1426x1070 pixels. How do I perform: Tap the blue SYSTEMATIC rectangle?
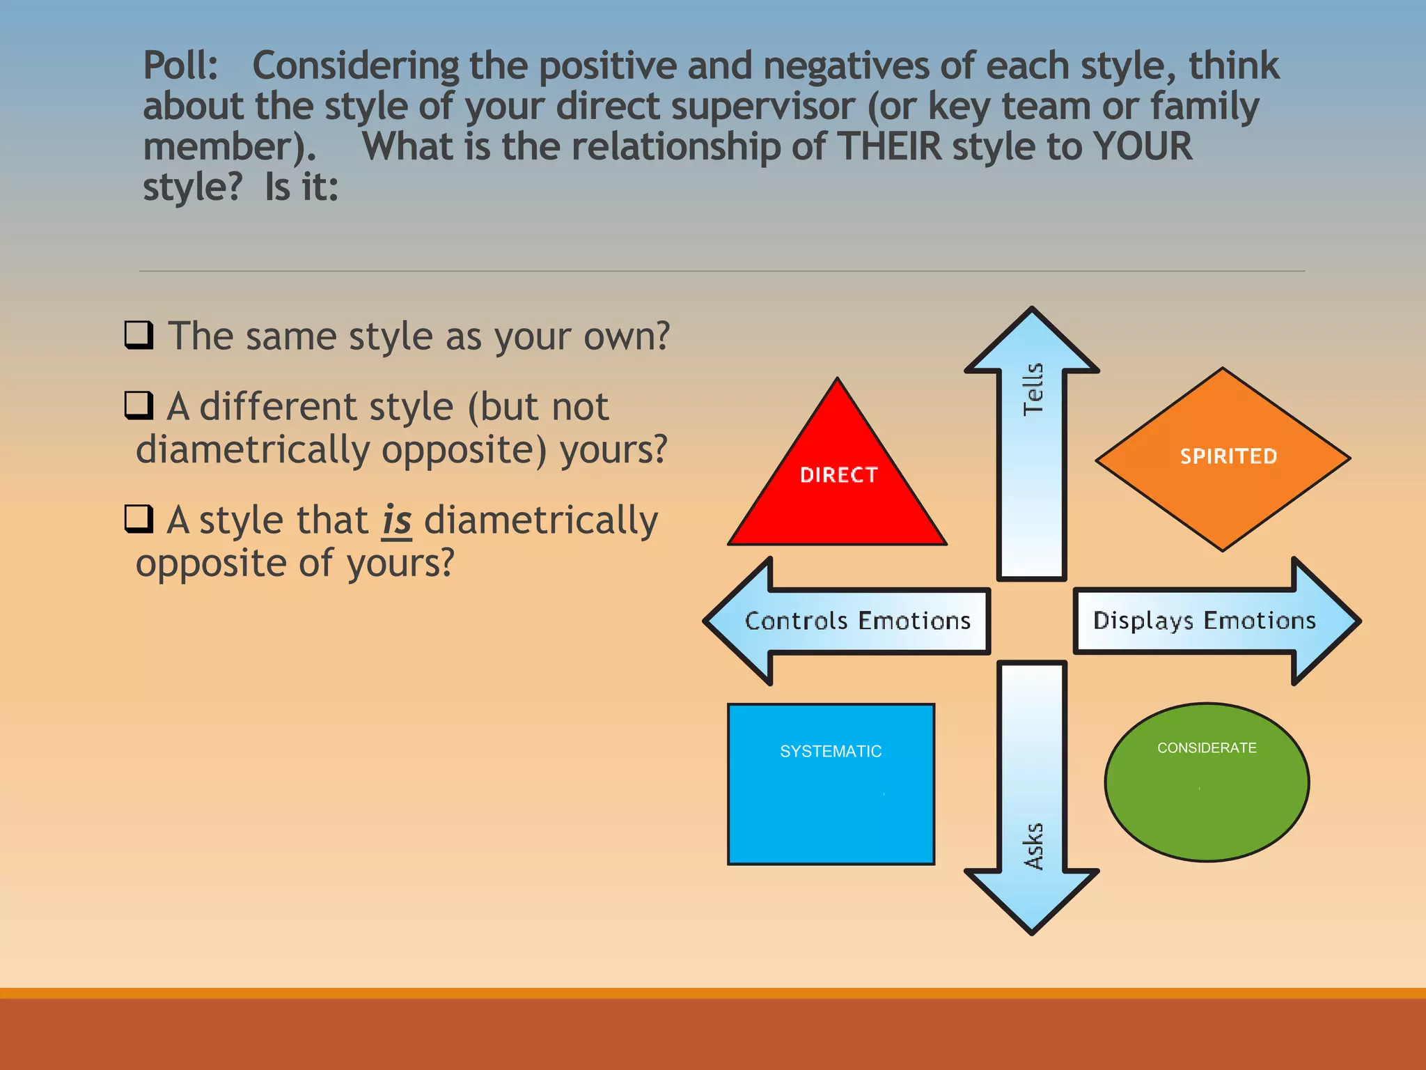click(x=831, y=784)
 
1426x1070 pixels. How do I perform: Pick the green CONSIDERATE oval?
click(x=1207, y=782)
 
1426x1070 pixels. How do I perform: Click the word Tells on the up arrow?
click(x=1033, y=389)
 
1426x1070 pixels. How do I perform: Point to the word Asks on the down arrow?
click(x=1033, y=846)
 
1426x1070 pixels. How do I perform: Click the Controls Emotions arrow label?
click(x=858, y=621)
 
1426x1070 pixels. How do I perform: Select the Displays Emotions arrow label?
click(x=1204, y=620)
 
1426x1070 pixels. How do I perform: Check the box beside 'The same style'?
click(x=139, y=334)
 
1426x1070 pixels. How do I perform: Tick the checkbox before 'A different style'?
click(x=139, y=405)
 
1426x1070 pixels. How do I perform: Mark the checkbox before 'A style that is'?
click(x=139, y=518)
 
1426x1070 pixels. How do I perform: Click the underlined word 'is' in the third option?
click(x=397, y=520)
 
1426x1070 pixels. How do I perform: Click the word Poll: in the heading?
click(x=180, y=66)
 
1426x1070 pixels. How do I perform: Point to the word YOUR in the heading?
click(x=1142, y=147)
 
